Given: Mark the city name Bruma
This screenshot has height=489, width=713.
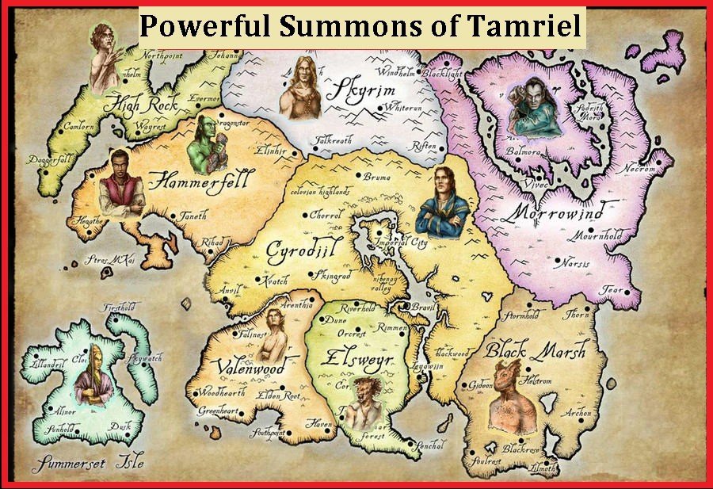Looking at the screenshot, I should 377,178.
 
